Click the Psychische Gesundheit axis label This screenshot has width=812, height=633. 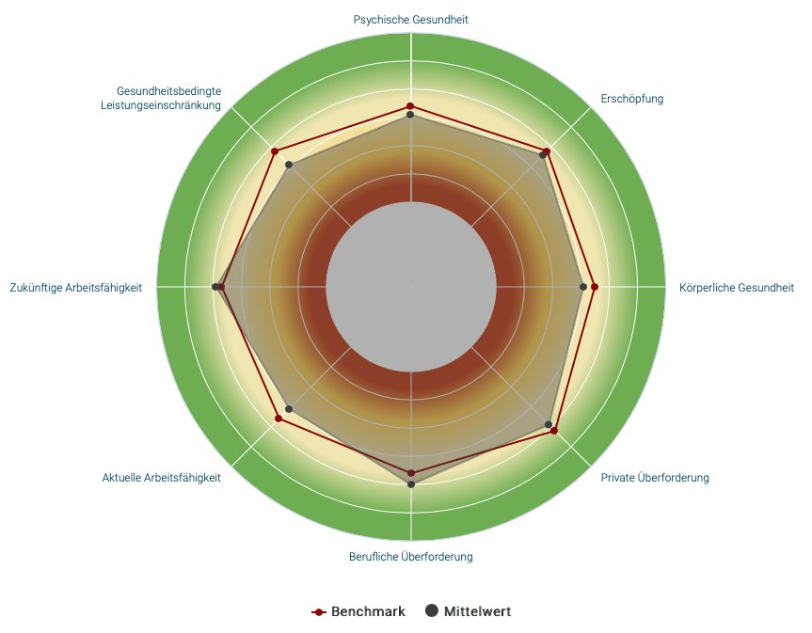[x=410, y=19]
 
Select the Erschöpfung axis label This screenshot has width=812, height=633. [x=631, y=99]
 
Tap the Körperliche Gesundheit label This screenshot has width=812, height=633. [x=736, y=288]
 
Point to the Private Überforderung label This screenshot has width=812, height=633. [x=655, y=478]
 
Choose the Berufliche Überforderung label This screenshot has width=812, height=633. [x=410, y=557]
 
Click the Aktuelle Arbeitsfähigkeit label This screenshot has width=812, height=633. [x=162, y=478]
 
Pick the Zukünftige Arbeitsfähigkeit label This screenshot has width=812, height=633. [x=75, y=288]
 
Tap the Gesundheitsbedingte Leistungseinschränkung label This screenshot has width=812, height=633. [x=161, y=98]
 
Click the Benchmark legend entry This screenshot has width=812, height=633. [x=358, y=611]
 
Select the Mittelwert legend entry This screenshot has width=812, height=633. [x=469, y=611]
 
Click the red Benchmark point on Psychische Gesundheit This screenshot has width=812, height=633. [x=410, y=106]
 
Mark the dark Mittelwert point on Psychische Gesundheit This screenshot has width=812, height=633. [x=410, y=116]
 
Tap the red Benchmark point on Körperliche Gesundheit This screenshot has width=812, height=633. [x=594, y=287]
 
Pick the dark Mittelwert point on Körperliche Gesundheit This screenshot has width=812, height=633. [x=583, y=287]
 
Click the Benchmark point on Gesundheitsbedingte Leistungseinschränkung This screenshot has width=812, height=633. [x=275, y=151]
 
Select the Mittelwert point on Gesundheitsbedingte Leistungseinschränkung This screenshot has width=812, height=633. [x=290, y=166]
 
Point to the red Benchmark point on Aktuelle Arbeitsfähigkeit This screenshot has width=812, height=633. [x=279, y=419]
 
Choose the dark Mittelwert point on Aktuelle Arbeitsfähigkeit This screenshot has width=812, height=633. [x=289, y=409]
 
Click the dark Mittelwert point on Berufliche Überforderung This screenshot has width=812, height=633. [x=411, y=483]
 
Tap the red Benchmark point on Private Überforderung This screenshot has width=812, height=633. [x=554, y=431]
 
